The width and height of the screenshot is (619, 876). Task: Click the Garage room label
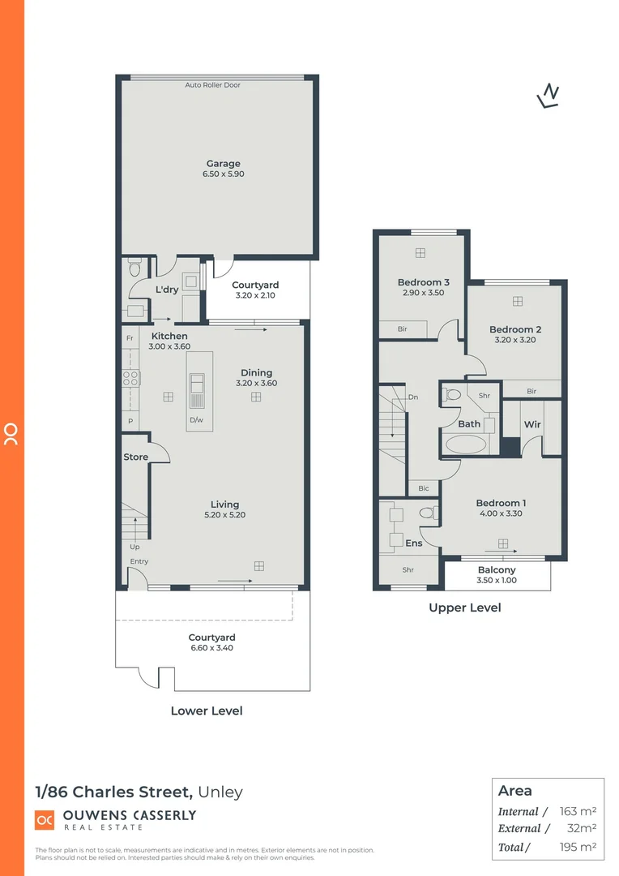[223, 164]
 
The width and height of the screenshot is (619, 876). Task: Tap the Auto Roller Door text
[212, 85]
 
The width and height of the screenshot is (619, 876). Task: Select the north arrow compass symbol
[549, 96]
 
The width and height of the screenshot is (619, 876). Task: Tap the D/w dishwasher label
[196, 419]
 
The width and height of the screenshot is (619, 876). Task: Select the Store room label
[135, 457]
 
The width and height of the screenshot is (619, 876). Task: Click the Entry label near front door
[139, 562]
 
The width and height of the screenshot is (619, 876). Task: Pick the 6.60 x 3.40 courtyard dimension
[211, 648]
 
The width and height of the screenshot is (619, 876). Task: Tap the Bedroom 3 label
[423, 282]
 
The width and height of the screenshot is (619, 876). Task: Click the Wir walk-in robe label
[532, 424]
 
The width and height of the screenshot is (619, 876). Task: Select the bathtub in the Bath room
[464, 444]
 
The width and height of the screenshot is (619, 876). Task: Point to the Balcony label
[497, 570]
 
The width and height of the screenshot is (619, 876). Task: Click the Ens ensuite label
[413, 543]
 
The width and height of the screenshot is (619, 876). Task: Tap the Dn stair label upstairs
[413, 397]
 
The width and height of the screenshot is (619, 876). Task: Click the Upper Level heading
[465, 608]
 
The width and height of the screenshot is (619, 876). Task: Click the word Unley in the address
[220, 792]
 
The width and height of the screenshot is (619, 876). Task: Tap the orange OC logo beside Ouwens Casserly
[45, 820]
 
